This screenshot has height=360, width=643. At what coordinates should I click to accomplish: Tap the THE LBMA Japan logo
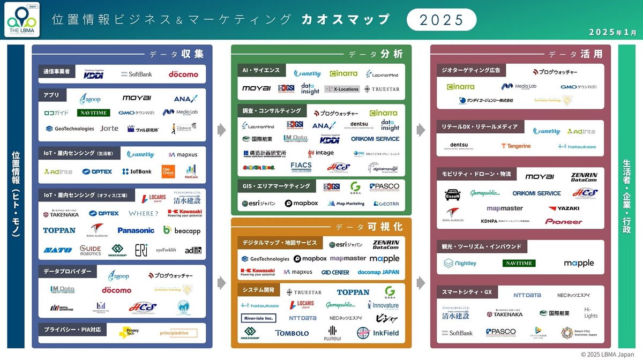pos(21,21)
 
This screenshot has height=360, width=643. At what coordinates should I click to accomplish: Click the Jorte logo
pos(109,129)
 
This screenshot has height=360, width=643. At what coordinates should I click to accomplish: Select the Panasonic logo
pos(136,230)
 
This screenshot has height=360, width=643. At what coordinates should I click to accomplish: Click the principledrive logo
pos(175,333)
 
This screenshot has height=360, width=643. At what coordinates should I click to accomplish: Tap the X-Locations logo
pos(342,89)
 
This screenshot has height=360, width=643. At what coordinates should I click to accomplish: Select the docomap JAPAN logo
pos(378,272)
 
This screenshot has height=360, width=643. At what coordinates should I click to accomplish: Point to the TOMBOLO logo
pos(292,333)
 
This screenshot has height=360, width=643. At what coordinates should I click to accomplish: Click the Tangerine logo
pos(516,146)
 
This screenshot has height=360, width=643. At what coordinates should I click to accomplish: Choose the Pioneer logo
pos(564,222)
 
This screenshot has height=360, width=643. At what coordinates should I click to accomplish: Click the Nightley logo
pos(460,264)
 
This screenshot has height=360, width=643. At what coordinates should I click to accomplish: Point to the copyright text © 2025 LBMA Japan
pos(610,354)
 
